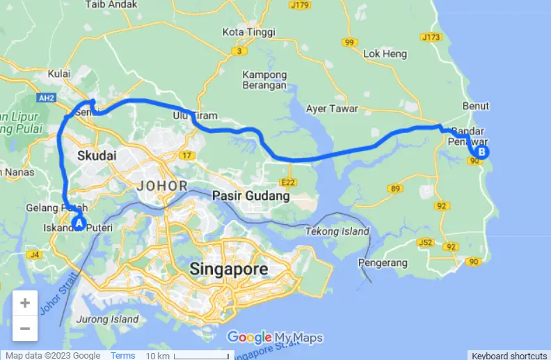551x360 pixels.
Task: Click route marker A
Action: click(x=79, y=224)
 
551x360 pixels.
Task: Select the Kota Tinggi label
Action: click(x=248, y=32)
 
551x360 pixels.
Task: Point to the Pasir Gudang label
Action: click(x=250, y=196)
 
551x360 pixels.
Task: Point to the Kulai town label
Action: click(x=61, y=74)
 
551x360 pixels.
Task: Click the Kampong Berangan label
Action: click(x=264, y=80)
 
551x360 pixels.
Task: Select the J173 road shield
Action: click(x=431, y=36)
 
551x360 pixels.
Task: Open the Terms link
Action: click(x=122, y=355)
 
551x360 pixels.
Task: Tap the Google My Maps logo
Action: click(x=275, y=338)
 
